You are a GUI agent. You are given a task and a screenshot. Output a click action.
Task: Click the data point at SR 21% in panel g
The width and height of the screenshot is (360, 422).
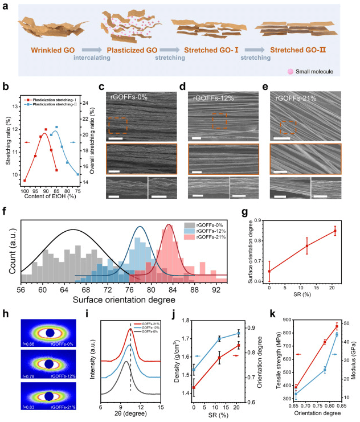pyautogui.click(x=335, y=231)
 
